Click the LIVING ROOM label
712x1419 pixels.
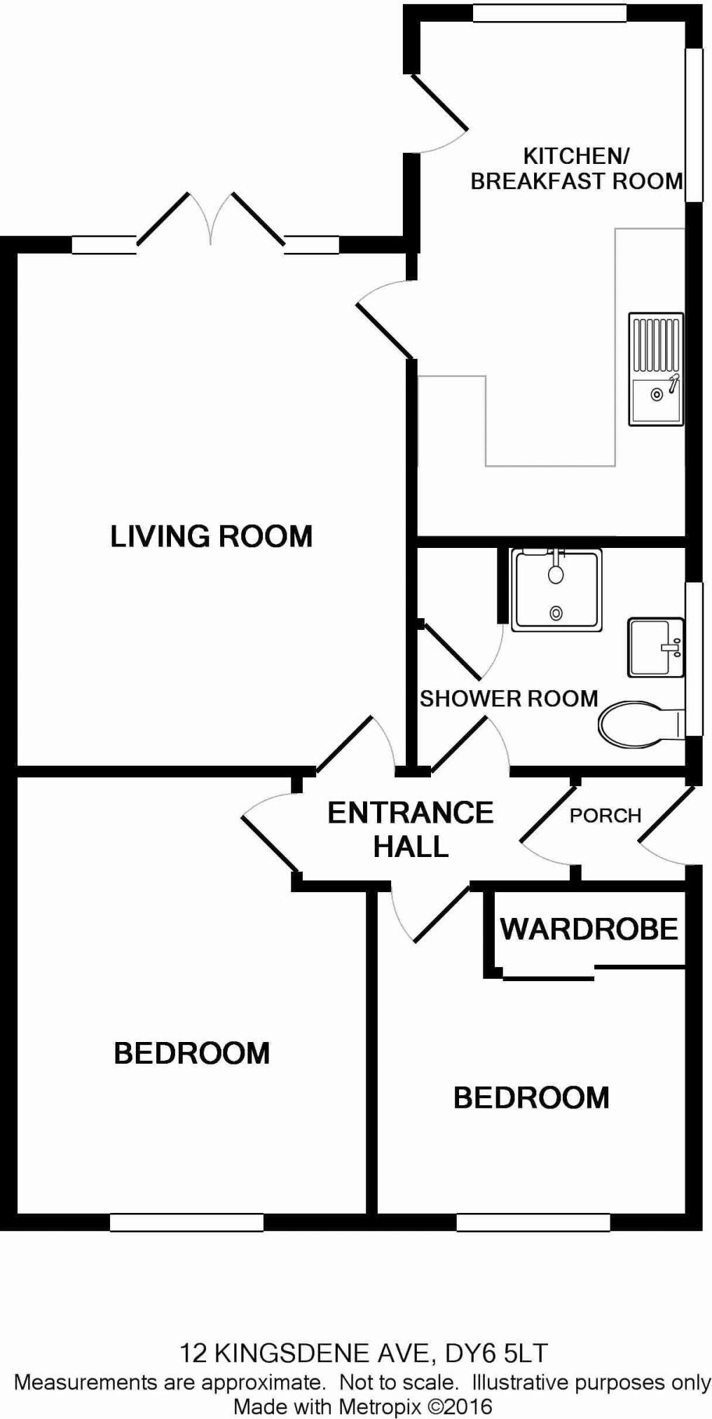[211, 537]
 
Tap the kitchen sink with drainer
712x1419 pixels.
[656, 369]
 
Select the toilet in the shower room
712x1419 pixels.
[639, 723]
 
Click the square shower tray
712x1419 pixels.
[556, 590]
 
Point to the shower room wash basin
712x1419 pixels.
[655, 647]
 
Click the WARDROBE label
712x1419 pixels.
[589, 930]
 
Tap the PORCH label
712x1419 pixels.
[605, 816]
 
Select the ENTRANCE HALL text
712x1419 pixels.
[411, 830]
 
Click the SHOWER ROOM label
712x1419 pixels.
[509, 699]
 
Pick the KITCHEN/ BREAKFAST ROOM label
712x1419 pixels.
[576, 168]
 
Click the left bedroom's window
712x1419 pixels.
[186, 1223]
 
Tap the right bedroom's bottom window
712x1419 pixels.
[533, 1223]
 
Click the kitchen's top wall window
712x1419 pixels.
[549, 13]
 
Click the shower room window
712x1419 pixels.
[694, 659]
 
